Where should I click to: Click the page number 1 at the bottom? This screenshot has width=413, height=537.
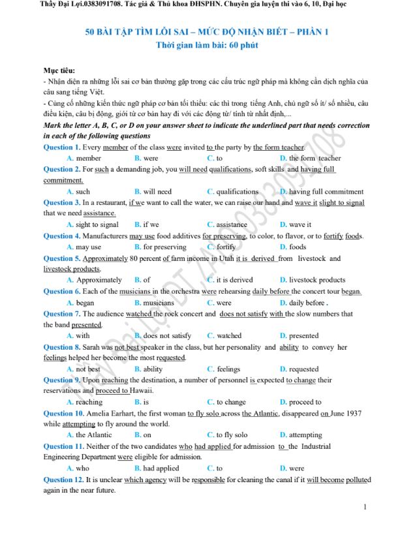[x=365, y=507]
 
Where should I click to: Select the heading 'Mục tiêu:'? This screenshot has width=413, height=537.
[x=59, y=70]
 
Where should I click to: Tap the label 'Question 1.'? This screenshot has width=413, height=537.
[x=62, y=147]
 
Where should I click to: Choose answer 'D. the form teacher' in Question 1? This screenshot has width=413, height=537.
[x=310, y=158]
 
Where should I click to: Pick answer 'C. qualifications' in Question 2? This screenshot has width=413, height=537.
[x=233, y=192]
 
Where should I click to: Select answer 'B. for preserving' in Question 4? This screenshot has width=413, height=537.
[x=160, y=247]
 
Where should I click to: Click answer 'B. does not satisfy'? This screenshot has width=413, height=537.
[x=162, y=336]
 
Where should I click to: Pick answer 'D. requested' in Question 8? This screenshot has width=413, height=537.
[x=299, y=369]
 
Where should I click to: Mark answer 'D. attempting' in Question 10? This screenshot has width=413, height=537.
[x=301, y=435]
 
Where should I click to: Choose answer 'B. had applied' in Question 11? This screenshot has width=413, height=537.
[x=157, y=468]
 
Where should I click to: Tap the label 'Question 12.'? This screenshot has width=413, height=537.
[x=64, y=480]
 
